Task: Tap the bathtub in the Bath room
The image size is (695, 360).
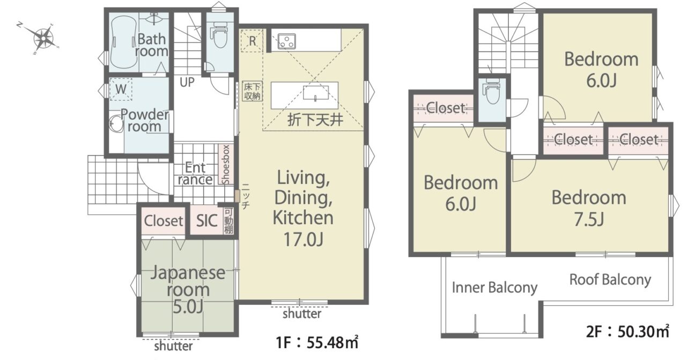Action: click(123, 42)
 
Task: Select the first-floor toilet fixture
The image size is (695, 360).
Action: click(220, 35)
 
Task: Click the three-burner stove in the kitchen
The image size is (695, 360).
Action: click(286, 42)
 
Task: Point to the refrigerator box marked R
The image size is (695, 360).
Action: click(252, 41)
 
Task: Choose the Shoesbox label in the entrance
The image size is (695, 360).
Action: click(226, 165)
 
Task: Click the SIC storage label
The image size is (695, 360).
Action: click(206, 221)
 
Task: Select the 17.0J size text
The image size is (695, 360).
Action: click(304, 239)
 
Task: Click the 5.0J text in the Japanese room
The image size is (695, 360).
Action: click(188, 307)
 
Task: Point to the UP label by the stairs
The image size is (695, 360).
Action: click(187, 82)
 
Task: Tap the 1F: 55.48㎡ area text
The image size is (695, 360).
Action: click(317, 342)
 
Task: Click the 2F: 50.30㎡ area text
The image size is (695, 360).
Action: click(627, 332)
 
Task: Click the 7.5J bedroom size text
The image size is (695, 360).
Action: click(589, 219)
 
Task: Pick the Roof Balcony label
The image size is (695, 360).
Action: click(610, 280)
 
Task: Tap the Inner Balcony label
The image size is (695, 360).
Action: click(494, 288)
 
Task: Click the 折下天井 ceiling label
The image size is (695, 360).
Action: click(315, 120)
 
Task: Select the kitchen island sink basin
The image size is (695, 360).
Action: click(315, 93)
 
